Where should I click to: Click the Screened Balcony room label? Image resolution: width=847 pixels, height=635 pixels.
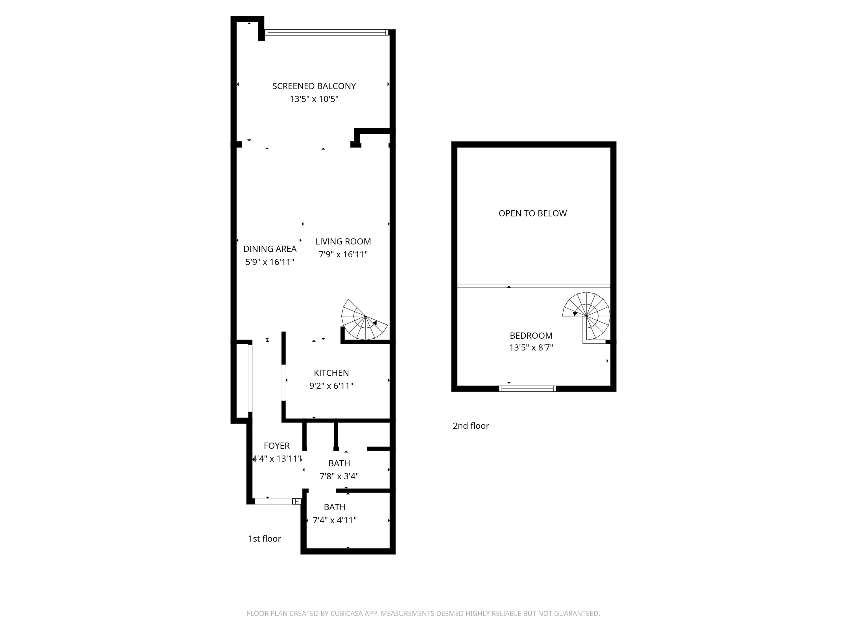click(314, 86)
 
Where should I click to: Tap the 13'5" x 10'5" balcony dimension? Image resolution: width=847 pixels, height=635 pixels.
click(314, 99)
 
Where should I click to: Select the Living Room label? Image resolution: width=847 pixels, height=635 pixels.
click(343, 242)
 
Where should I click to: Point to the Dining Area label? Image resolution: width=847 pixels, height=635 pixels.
click(270, 249)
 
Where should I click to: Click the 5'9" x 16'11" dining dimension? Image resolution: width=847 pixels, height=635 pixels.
click(270, 262)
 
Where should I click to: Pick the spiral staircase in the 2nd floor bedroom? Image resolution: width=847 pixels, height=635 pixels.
click(586, 316)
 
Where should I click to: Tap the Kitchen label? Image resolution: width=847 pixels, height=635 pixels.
click(331, 373)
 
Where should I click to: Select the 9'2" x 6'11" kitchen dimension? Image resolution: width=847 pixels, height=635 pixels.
click(331, 386)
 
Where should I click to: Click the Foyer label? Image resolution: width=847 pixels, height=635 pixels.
click(276, 446)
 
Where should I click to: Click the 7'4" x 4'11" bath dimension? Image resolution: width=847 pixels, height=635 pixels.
click(335, 520)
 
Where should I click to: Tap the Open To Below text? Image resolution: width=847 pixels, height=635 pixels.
click(533, 213)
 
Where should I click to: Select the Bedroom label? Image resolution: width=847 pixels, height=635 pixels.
click(531, 336)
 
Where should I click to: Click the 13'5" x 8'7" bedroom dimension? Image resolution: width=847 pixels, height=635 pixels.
click(531, 347)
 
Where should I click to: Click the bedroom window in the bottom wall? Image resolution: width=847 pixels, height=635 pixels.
click(528, 389)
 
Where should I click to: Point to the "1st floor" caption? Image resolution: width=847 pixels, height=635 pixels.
click(265, 538)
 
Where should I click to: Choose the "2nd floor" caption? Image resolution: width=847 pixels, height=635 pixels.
click(471, 426)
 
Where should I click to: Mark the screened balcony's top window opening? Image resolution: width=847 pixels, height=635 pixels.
click(327, 32)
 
